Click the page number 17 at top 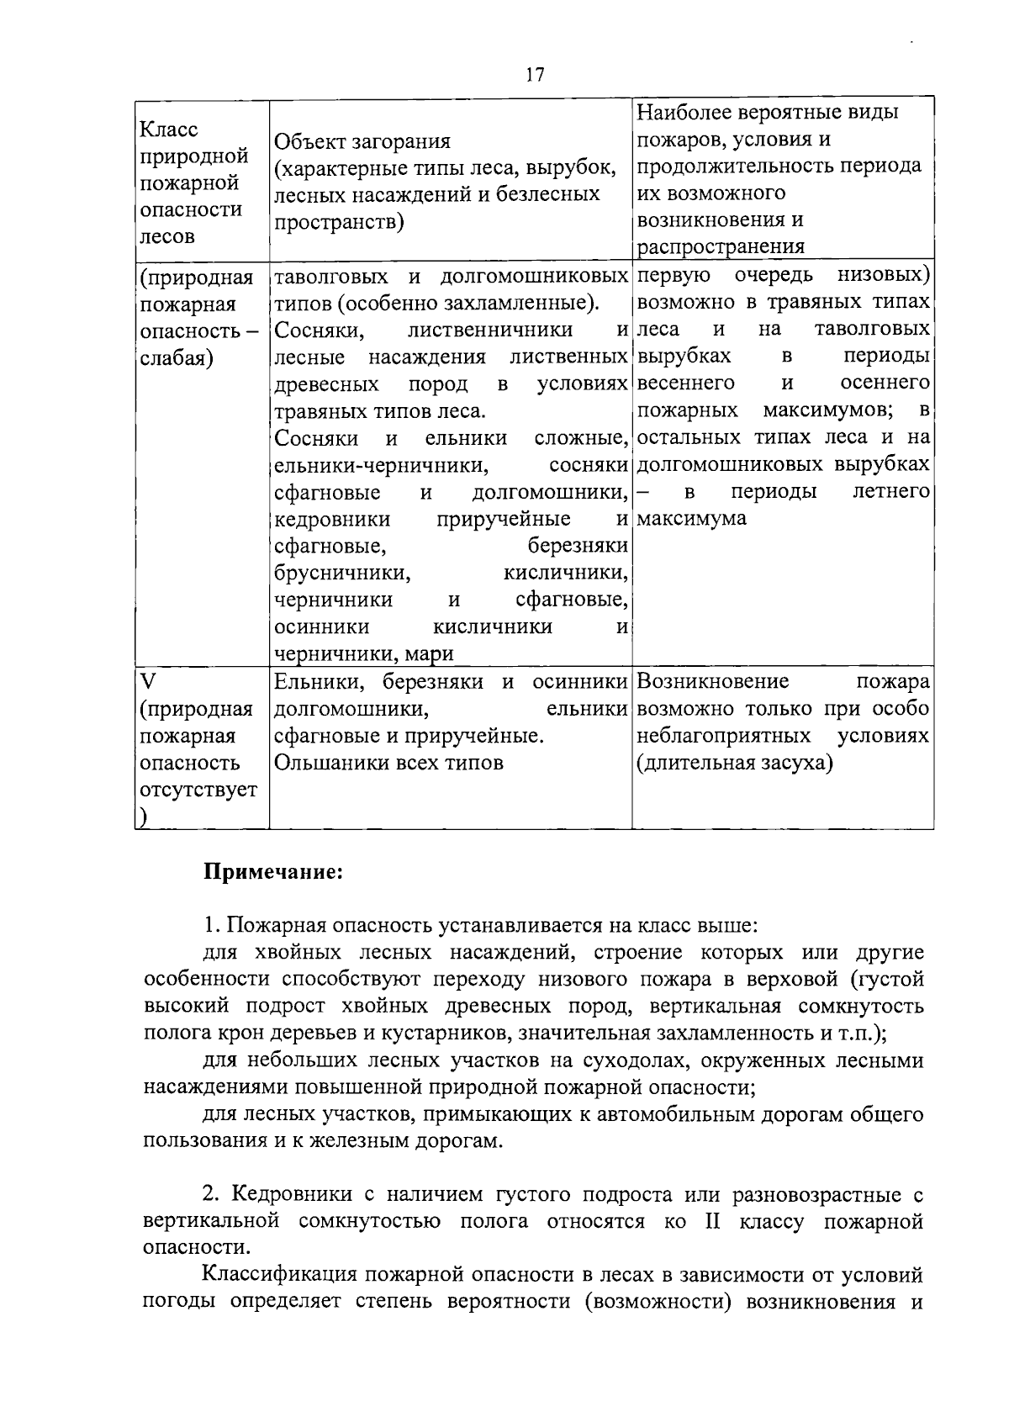(535, 75)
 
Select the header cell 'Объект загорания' (362, 140)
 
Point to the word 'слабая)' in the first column (176, 358)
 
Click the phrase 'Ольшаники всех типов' (389, 763)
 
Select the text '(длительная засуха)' (734, 763)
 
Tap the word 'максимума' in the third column (692, 519)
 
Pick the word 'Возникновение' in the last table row (713, 681)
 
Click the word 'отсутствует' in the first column (198, 790)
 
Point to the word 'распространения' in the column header (721, 247)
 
